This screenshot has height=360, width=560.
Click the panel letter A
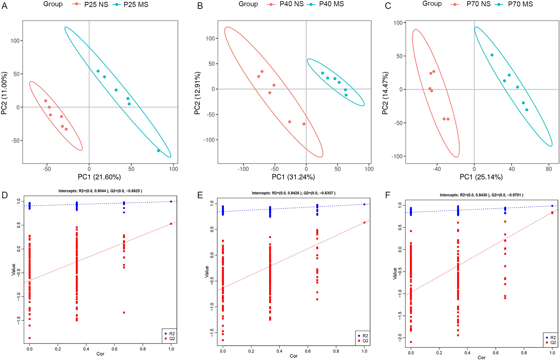(4, 6)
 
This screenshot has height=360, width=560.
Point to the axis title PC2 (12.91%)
(197, 93)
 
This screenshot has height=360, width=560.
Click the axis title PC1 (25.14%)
(481, 177)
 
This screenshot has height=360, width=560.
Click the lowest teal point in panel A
(159, 151)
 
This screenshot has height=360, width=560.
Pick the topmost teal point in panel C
(492, 55)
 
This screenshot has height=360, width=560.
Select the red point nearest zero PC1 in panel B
(304, 124)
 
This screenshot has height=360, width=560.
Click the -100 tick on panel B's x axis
(243, 169)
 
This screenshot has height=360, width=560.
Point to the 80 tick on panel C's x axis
(549, 169)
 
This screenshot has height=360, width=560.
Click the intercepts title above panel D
(100, 191)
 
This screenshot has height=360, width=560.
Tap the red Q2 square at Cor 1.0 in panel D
(171, 224)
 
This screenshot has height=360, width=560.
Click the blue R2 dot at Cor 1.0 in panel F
(552, 206)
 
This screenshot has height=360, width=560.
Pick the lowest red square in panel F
(411, 342)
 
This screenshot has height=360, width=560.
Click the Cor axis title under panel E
(293, 356)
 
